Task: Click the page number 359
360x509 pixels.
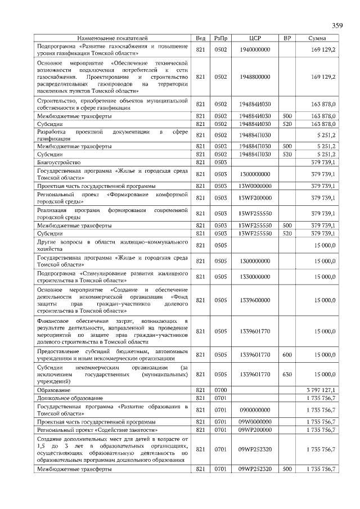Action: pos(337,25)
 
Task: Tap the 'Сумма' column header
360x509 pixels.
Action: pos(318,38)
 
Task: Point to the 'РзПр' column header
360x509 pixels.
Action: pos(220,38)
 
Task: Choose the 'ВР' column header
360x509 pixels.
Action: pos(287,38)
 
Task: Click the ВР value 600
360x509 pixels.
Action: pos(287,355)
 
